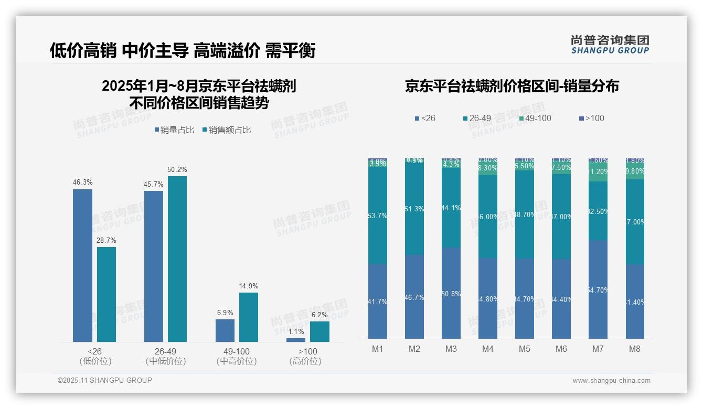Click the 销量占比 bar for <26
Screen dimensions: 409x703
[82, 265]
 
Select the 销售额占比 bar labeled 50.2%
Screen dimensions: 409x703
[177, 259]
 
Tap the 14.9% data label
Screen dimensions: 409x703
[249, 286]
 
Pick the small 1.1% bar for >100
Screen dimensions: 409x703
[296, 340]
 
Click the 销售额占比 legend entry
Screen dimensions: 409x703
[226, 130]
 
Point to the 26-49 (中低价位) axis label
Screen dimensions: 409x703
[165, 356]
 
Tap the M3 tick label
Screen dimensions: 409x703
[451, 349]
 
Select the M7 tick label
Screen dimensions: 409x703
[598, 349]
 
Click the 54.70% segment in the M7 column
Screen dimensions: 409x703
[598, 289]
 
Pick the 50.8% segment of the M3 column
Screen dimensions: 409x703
[451, 293]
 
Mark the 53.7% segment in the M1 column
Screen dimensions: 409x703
[378, 216]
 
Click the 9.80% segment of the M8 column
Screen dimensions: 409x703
[635, 171]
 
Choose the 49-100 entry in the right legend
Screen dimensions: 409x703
[535, 119]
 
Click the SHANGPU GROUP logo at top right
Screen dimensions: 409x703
[610, 45]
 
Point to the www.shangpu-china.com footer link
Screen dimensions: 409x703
[611, 381]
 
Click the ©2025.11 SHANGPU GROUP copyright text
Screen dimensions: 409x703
[105, 380]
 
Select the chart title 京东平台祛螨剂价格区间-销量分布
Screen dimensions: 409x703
[512, 87]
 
